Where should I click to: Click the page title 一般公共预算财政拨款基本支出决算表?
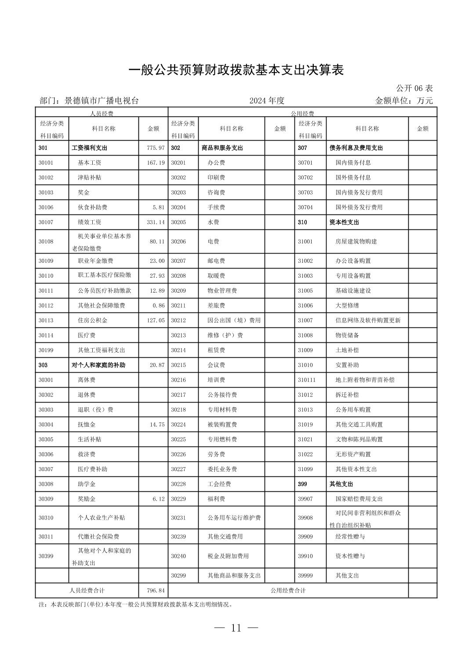point(236,70)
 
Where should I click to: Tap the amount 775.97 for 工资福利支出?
point(156,148)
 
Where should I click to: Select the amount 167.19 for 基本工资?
point(156,163)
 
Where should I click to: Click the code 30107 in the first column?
point(46,222)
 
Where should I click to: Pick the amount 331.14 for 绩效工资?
point(156,222)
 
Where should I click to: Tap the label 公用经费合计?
point(288,591)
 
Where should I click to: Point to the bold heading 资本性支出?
point(344,222)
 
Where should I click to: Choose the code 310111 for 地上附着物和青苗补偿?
point(307,380)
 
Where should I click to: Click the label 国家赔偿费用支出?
point(359,499)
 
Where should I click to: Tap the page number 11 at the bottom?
point(236,628)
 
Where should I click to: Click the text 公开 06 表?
point(414,88)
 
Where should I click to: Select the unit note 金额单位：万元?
point(404,101)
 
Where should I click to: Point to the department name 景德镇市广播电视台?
point(102,101)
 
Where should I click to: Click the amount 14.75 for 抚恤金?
point(157,425)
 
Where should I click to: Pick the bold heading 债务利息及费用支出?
point(356,148)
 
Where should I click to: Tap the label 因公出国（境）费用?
point(234,320)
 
